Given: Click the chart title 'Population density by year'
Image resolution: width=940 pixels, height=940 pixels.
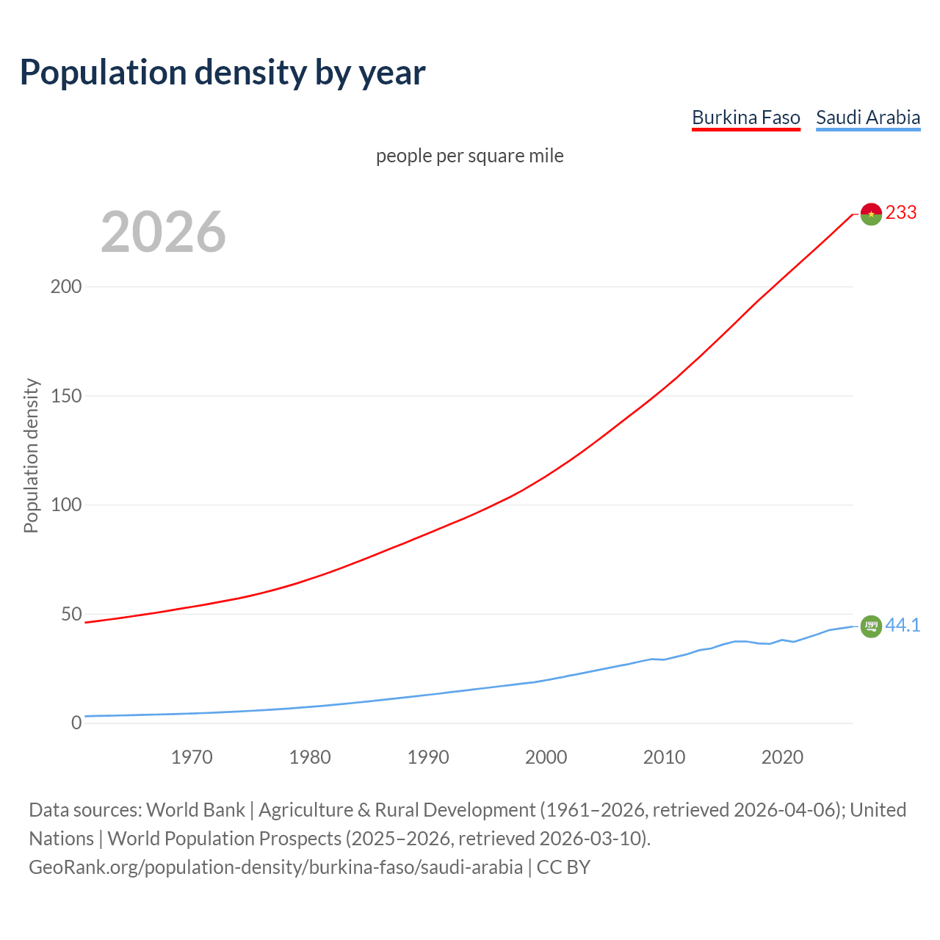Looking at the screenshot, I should [223, 73].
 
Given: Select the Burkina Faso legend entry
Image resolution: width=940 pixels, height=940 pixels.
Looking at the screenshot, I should [745, 117].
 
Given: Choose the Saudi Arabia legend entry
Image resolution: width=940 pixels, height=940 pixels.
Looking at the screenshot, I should [868, 117].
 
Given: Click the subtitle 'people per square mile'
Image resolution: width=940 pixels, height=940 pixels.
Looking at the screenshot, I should [469, 156].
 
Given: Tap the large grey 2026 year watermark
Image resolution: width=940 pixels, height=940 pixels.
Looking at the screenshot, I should [163, 232].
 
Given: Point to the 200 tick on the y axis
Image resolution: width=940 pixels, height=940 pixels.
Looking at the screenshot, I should [65, 286].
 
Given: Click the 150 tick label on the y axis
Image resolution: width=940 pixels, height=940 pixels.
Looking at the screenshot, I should [65, 396].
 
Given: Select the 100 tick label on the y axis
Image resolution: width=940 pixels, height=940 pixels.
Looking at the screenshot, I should [65, 505].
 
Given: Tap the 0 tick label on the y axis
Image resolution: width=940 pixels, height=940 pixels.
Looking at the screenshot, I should [76, 723].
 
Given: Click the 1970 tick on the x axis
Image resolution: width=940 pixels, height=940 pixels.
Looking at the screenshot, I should [192, 757].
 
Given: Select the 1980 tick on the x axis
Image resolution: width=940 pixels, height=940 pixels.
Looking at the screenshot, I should [310, 757].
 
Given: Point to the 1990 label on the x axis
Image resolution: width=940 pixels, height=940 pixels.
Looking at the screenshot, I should [428, 757].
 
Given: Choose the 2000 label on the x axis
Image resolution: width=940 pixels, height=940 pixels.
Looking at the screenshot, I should [546, 757].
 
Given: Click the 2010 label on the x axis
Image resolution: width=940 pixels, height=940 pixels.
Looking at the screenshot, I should [664, 757].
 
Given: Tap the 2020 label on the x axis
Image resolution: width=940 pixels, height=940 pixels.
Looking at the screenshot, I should [782, 757].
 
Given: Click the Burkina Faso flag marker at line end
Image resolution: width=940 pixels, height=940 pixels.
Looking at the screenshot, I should [871, 214].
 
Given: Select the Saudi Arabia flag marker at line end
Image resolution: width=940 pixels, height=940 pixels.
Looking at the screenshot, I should [871, 626].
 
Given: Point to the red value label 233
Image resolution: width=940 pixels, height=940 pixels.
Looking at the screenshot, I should [901, 212].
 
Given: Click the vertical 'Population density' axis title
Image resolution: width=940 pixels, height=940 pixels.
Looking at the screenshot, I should [31, 455].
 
